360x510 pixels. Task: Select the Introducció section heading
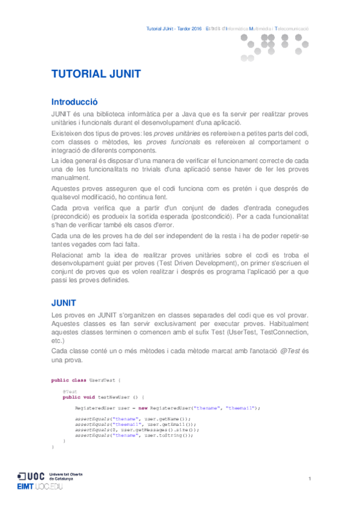pos(75,102)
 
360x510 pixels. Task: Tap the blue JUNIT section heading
pos(64,301)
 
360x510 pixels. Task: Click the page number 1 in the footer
pos(310,478)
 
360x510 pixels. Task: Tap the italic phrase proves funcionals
pos(172,141)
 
